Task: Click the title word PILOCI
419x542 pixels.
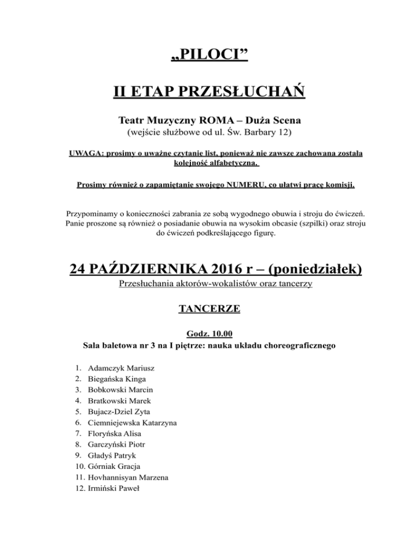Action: point(209,55)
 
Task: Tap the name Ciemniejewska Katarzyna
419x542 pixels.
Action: point(135,423)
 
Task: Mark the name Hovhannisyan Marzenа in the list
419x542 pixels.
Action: point(128,477)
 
